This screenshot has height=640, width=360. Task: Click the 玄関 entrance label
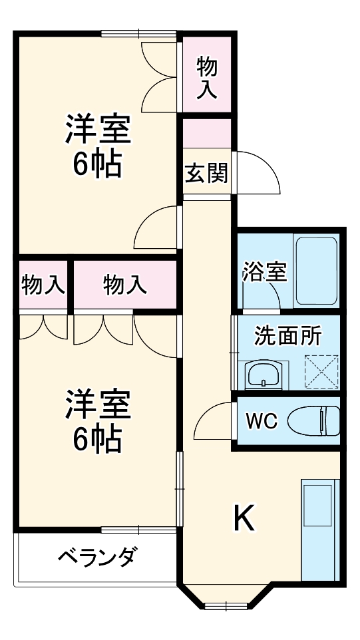tap(206, 173)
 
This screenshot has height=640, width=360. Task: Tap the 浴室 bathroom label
tap(264, 271)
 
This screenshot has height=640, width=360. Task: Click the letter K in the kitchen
tap(244, 518)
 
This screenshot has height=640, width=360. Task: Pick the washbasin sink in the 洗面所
tap(265, 375)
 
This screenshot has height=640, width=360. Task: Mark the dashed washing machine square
tap(321, 371)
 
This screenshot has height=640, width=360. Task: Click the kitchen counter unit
tap(320, 530)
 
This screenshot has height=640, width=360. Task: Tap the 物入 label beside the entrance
tap(207, 78)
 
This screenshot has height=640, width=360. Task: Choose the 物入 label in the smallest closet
tap(43, 285)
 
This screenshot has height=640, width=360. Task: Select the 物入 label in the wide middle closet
tap(124, 285)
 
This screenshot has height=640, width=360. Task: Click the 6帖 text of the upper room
tap(97, 164)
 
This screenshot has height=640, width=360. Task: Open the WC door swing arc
tap(214, 420)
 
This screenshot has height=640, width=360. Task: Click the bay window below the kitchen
tap(226, 605)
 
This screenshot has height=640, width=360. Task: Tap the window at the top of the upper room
tap(139, 33)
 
